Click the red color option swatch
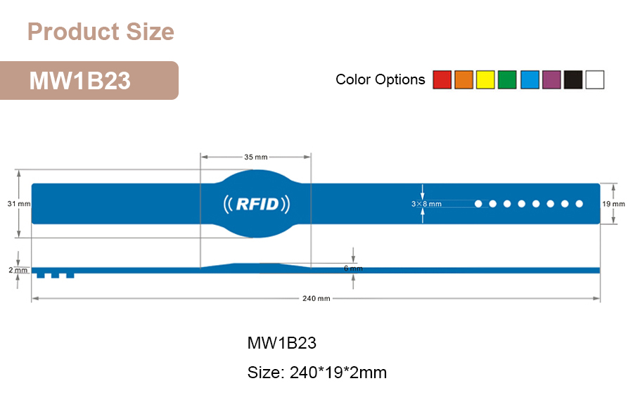(x=442, y=80)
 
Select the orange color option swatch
(x=463, y=80)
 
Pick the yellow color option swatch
(x=485, y=80)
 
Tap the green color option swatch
(x=507, y=80)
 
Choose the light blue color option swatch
(x=529, y=80)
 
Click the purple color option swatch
(x=551, y=80)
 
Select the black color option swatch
(x=573, y=80)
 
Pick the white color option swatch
(x=595, y=80)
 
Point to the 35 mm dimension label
(x=256, y=157)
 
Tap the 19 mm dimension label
(x=613, y=204)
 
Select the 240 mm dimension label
(x=316, y=298)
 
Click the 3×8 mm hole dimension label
(x=426, y=204)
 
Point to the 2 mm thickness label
(x=18, y=271)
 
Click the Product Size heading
(x=101, y=32)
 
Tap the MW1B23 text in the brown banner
(x=79, y=81)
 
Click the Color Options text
(x=380, y=79)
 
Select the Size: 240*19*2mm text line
(x=316, y=372)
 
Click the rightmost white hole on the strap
(x=580, y=204)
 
